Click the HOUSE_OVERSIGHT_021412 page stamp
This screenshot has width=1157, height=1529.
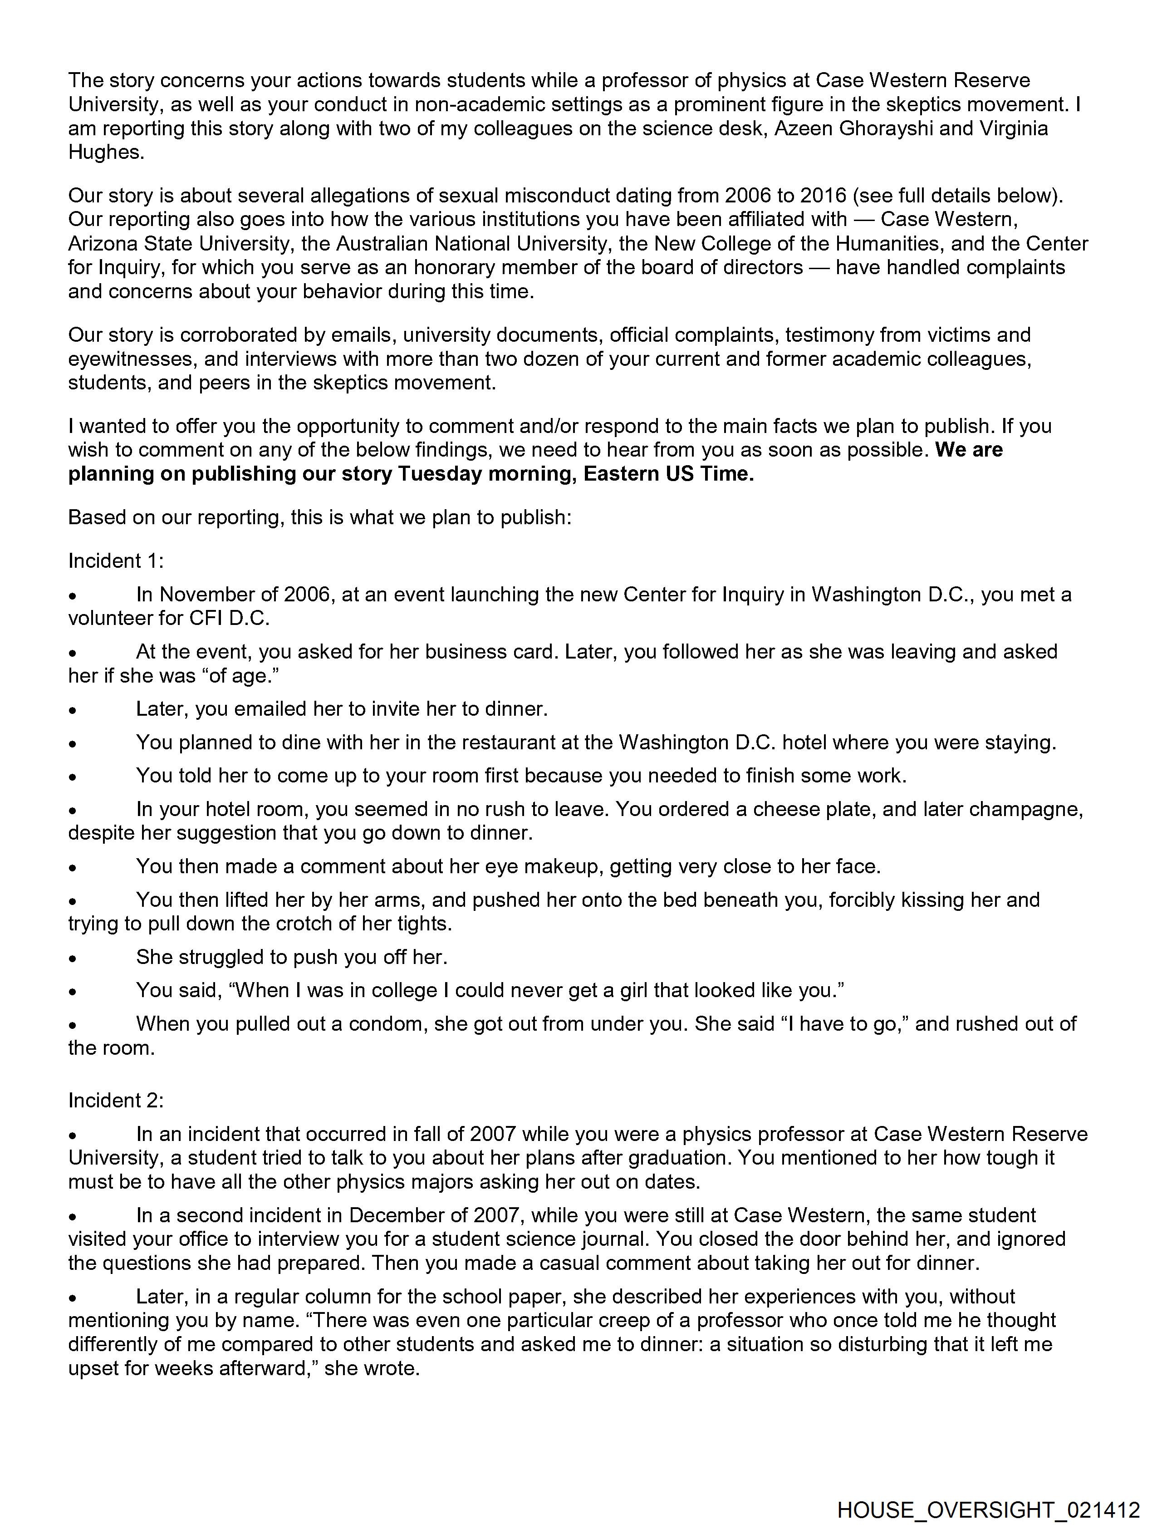[988, 1509]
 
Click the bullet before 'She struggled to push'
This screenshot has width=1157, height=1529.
[72, 959]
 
